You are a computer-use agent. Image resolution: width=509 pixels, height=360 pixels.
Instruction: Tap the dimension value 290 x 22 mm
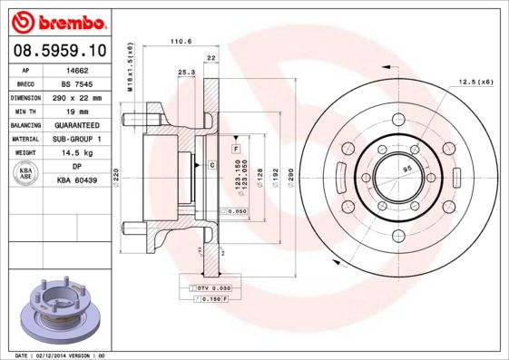pyautogui.click(x=77, y=97)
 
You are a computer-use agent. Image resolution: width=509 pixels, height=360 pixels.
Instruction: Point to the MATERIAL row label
pyautogui.click(x=24, y=139)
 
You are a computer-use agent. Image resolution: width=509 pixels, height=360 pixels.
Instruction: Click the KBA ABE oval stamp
pyautogui.click(x=25, y=173)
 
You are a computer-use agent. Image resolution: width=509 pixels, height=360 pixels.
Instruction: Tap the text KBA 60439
pyautogui.click(x=77, y=181)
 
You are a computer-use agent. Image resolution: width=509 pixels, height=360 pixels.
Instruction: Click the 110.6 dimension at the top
pyautogui.click(x=182, y=41)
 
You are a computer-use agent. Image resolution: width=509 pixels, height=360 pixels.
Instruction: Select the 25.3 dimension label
pyautogui.click(x=185, y=72)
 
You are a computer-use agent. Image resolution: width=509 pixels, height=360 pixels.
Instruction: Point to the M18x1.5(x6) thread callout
pyautogui.click(x=130, y=66)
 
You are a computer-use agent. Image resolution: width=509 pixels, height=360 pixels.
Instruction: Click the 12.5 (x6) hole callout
pyautogui.click(x=475, y=81)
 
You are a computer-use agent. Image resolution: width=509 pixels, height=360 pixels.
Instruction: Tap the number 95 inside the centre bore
pyautogui.click(x=407, y=169)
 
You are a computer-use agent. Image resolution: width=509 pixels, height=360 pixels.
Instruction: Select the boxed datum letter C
pyautogui.click(x=211, y=165)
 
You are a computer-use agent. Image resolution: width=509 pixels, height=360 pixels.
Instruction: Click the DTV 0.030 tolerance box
pyautogui.click(x=210, y=287)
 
